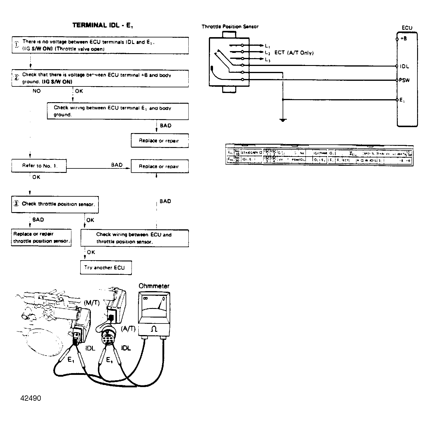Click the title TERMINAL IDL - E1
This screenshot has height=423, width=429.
[103, 25]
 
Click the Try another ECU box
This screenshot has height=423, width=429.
[106, 268]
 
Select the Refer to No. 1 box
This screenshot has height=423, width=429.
[39, 166]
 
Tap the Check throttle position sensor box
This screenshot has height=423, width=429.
[55, 204]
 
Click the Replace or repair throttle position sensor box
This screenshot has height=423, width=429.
[41, 238]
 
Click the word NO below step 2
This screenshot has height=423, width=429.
[37, 91]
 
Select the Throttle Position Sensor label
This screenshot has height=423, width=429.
[230, 26]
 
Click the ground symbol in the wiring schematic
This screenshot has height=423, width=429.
[283, 120]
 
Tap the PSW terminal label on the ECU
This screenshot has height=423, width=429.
[404, 80]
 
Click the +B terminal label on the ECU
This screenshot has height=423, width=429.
[403, 38]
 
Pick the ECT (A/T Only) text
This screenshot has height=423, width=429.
[294, 53]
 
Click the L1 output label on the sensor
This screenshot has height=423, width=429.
[267, 46]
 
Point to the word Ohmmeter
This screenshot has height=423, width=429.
[154, 286]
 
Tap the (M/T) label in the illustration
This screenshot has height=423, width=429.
[92, 302]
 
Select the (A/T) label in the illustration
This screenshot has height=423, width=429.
[128, 329]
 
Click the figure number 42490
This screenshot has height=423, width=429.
[31, 398]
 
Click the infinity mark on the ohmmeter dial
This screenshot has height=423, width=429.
[145, 298]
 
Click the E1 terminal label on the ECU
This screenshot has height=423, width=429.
[402, 100]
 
